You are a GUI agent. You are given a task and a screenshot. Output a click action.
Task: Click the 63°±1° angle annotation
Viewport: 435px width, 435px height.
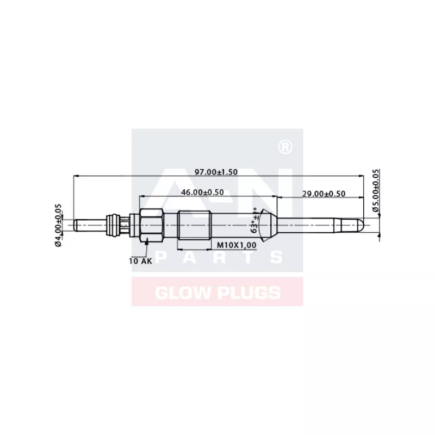click(x=254, y=222)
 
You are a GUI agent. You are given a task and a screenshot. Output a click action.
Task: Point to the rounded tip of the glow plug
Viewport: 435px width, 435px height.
click(x=360, y=223)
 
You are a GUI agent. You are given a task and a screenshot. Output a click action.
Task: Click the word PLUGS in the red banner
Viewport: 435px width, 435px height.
click(x=246, y=293)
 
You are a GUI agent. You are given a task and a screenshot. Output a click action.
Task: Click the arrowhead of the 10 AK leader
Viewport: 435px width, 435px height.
click(x=147, y=240)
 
